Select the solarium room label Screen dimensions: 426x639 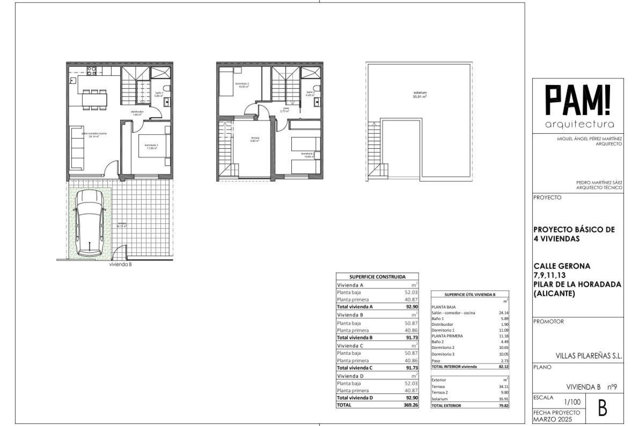(420, 94)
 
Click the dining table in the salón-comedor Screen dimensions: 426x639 (95, 99)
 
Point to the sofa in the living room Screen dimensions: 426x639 (77, 147)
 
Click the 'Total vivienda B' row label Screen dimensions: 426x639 (354, 337)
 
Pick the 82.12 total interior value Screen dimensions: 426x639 (503, 366)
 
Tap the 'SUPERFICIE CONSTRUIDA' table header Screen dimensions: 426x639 (377, 277)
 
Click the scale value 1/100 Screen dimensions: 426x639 (573, 402)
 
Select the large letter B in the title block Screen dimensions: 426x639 (602, 409)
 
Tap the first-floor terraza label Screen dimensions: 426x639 (255, 139)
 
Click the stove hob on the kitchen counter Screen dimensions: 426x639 (92, 71)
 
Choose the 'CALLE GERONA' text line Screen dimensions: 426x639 (562, 266)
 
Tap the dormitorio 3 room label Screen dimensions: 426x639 (244, 85)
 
